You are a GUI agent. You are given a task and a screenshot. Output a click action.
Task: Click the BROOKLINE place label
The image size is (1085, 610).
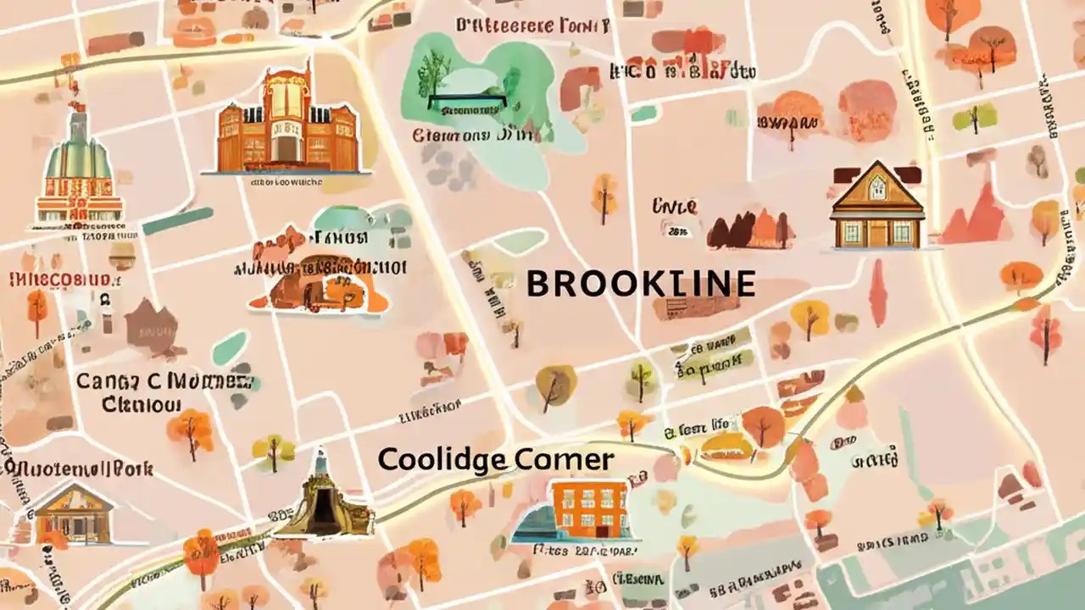click(x=641, y=284)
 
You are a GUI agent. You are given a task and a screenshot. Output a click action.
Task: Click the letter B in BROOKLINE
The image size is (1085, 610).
click(x=538, y=284)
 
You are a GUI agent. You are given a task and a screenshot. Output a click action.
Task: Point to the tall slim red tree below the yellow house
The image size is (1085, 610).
click(x=878, y=292)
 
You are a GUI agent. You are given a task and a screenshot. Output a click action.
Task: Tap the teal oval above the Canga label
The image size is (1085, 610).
click(x=230, y=347)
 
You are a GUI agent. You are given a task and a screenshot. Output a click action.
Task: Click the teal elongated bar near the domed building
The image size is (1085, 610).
click(x=178, y=221)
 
